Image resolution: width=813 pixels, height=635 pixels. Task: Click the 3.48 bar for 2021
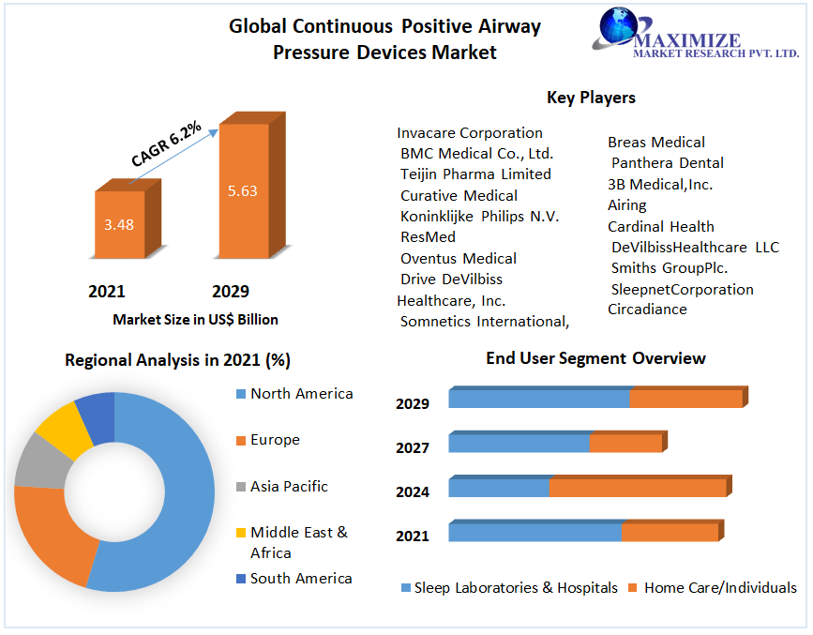coord(120,225)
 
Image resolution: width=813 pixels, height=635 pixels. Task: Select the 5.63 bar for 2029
coord(242,191)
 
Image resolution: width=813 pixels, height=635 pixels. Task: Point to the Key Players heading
coord(591,98)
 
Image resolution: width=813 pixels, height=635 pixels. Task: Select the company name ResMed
coord(428,237)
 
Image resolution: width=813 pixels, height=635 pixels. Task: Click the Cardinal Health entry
coord(660,226)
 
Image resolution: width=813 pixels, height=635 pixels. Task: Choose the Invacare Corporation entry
coord(469,132)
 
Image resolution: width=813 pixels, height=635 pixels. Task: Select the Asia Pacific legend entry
coord(288,486)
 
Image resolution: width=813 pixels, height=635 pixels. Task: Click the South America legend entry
coord(300,578)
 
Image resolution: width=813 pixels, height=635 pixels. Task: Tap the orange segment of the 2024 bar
coord(637,488)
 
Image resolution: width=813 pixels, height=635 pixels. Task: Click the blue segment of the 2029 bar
coord(539,399)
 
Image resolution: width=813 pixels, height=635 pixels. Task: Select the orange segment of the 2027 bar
coord(625,443)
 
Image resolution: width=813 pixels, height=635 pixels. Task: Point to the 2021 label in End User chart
coord(413,536)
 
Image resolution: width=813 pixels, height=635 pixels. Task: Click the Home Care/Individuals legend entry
coord(719,587)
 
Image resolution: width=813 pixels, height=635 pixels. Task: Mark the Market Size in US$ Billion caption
coord(195,319)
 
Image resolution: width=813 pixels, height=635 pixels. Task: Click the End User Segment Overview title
coord(595,358)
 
